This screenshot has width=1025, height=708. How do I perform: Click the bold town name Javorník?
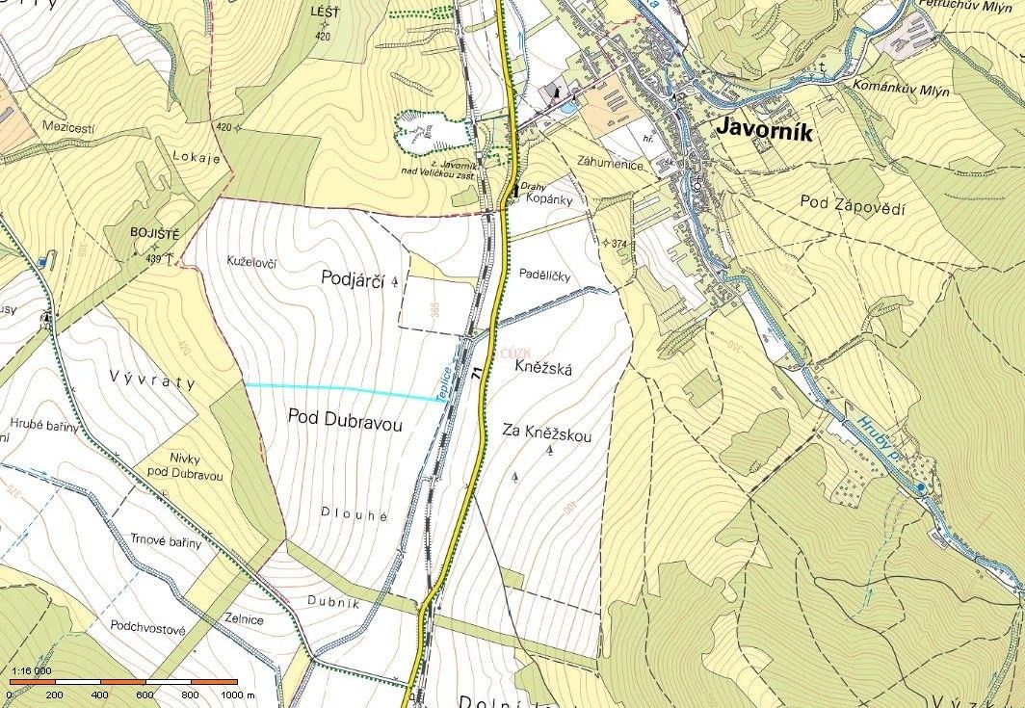pos(764,131)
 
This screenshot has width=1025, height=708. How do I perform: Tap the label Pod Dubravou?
pos(344,421)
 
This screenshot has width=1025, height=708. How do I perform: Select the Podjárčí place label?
pos(353,278)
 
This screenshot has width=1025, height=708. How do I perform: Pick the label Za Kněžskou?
pos(547,435)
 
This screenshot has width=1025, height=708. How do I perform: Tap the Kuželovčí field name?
pos(251,261)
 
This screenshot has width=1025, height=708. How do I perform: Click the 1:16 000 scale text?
pos(31,670)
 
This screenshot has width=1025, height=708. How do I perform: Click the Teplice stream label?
pos(446,384)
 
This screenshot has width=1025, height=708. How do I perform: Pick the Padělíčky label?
pos(544,276)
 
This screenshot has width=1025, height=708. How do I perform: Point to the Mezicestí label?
pos(72,126)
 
